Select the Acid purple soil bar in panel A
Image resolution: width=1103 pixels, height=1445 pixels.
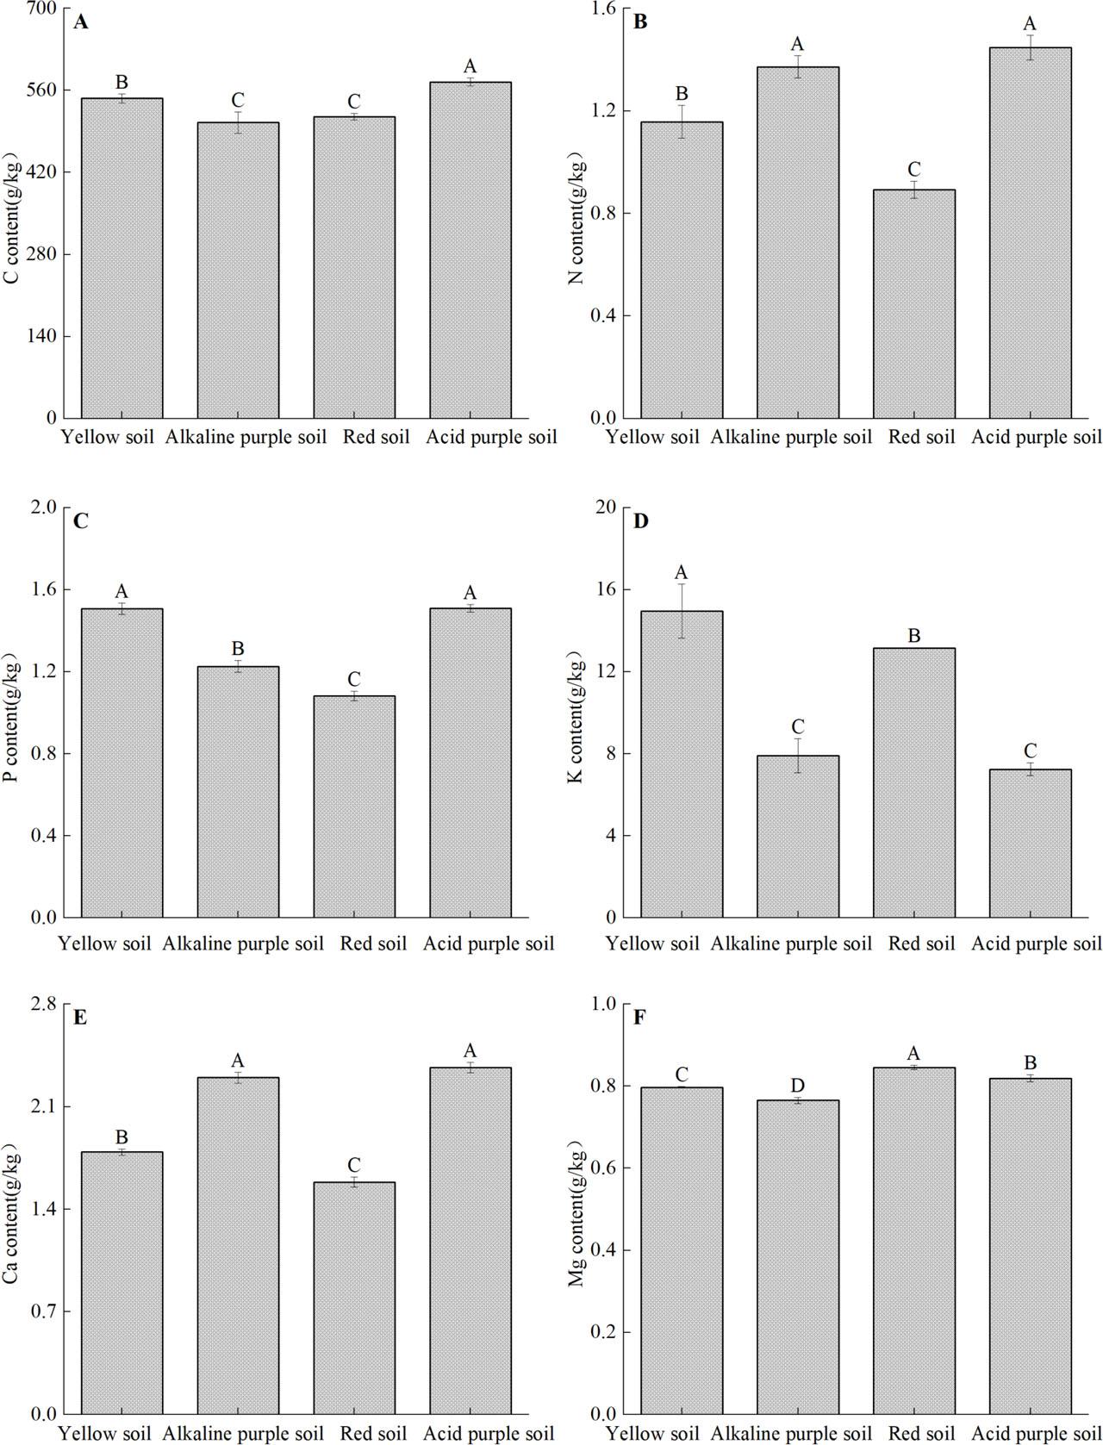(x=470, y=250)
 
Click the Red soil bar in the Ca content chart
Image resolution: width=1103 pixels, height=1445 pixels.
(x=354, y=1297)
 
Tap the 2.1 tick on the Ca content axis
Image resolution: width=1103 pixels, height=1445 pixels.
(x=43, y=1107)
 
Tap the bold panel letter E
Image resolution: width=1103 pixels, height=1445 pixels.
(x=80, y=1018)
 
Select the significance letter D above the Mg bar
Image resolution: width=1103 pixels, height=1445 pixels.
(x=797, y=1083)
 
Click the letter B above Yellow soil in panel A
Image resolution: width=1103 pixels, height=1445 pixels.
(x=122, y=83)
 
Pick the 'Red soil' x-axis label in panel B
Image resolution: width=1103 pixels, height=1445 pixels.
(x=921, y=437)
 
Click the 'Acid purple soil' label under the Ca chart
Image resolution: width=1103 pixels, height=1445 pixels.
(x=489, y=1434)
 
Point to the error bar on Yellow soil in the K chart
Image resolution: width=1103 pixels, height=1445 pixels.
(x=682, y=611)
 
